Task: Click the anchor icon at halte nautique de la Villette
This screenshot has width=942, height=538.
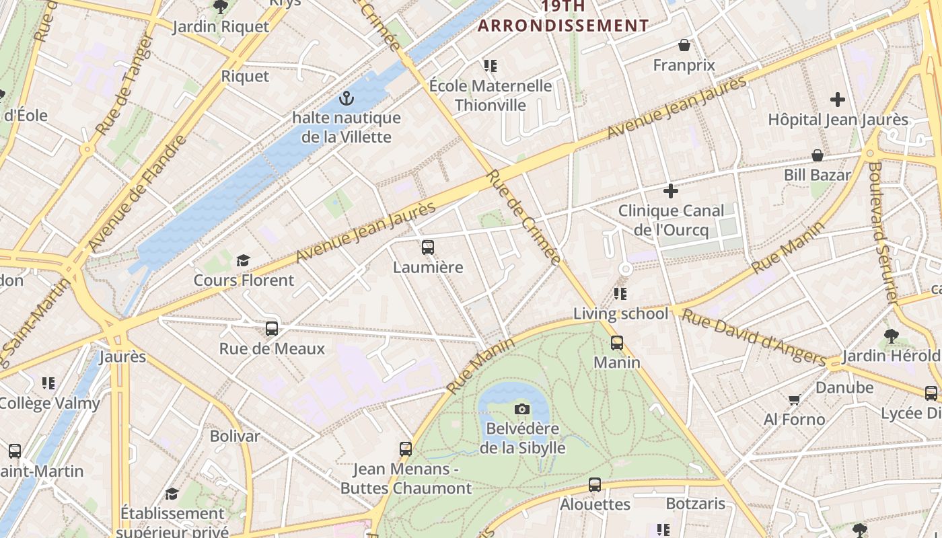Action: click(347, 99)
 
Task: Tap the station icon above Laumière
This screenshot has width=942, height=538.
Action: click(428, 247)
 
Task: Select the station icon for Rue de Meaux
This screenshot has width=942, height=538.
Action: click(272, 329)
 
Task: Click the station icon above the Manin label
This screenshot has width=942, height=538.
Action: click(617, 343)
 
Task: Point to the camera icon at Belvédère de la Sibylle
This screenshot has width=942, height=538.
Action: click(521, 409)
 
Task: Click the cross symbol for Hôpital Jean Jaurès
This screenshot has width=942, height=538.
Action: click(838, 100)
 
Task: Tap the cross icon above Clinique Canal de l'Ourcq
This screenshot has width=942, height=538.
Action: click(671, 191)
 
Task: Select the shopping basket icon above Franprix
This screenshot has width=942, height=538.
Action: click(684, 45)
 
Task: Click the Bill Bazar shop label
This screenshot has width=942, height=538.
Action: click(818, 175)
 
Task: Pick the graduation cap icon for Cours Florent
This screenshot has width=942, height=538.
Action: click(243, 260)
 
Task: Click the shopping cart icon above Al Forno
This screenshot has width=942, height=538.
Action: click(794, 399)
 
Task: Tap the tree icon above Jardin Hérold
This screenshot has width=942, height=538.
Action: click(891, 335)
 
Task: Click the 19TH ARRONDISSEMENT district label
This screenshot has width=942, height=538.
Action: click(563, 16)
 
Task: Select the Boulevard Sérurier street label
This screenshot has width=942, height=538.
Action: click(883, 232)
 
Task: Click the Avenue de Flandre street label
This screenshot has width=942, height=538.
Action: click(138, 194)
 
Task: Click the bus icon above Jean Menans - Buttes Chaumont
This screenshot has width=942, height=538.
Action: click(405, 449)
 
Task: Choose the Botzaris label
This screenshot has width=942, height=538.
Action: click(696, 504)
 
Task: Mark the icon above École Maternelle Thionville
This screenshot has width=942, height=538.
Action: click(491, 66)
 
